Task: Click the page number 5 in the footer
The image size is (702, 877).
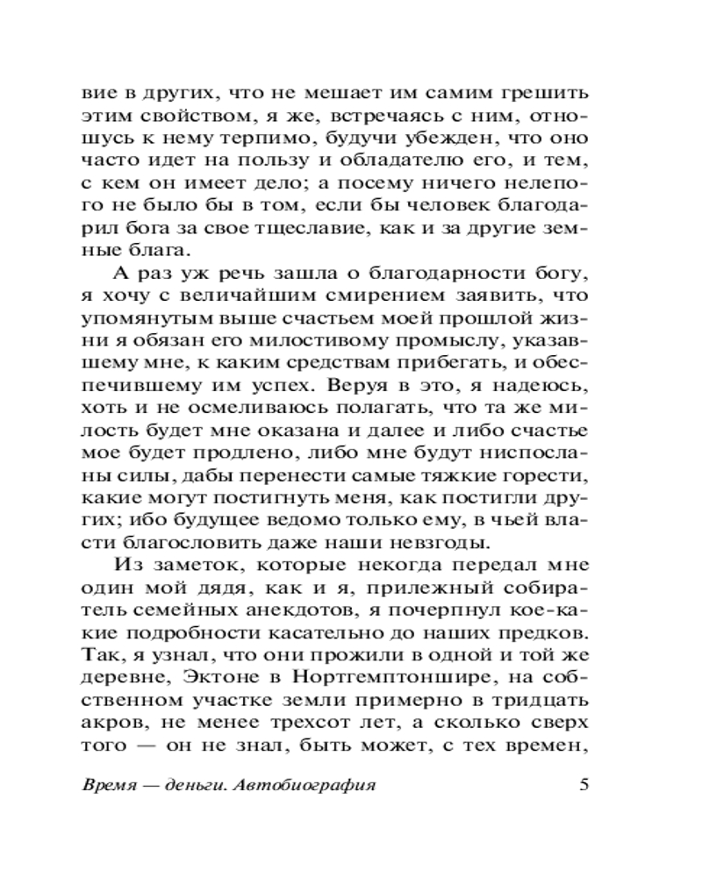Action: coord(584,785)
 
